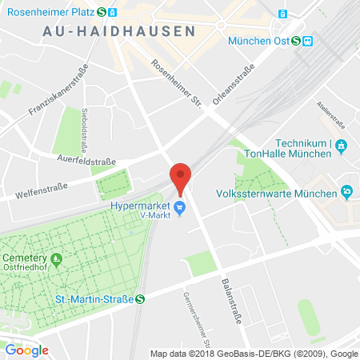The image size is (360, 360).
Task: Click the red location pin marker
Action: coord(181,177)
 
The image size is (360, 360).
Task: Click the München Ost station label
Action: coord(261,41)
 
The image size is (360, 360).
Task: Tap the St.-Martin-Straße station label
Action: coord(90,299)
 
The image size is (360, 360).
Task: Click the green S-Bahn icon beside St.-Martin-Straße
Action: coord(141,299)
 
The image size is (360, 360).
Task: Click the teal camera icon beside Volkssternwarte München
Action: coord(346,191)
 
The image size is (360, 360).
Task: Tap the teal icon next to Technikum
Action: coord(341,145)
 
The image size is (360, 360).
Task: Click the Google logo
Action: coord(26,350)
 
